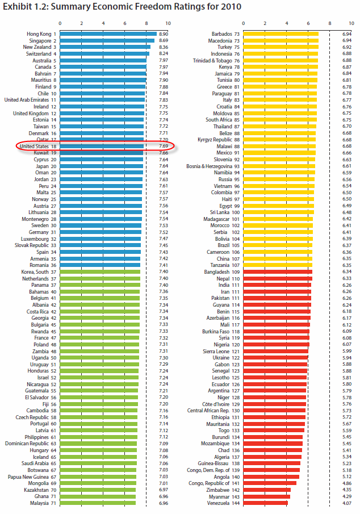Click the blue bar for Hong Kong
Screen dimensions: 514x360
tap(108, 34)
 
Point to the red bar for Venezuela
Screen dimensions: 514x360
tap(265, 503)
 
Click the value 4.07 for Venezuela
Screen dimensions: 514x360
tap(347, 503)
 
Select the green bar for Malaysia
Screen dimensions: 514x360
tap(98, 503)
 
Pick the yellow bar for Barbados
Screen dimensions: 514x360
tap(281, 34)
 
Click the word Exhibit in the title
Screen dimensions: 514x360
tap(19, 7)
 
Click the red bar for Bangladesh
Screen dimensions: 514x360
tap(277, 271)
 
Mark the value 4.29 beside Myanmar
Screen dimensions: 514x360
tap(347, 496)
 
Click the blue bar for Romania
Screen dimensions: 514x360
tap(100, 265)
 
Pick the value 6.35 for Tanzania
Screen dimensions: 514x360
tap(347, 265)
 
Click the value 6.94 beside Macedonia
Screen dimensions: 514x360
tap(347, 41)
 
